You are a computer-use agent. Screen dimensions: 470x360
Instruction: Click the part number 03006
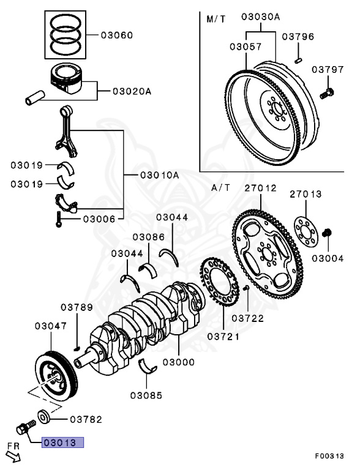[x=99, y=218]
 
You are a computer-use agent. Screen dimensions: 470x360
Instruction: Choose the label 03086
[x=148, y=236]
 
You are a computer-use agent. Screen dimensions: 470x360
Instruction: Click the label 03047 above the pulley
[x=50, y=326]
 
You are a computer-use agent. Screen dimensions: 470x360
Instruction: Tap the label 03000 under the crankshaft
[x=178, y=362]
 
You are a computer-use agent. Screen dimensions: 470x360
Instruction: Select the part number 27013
[x=306, y=194]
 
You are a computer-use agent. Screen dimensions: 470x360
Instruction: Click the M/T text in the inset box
[x=216, y=20]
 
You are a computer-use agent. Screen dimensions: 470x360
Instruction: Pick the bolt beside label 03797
[x=327, y=92]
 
